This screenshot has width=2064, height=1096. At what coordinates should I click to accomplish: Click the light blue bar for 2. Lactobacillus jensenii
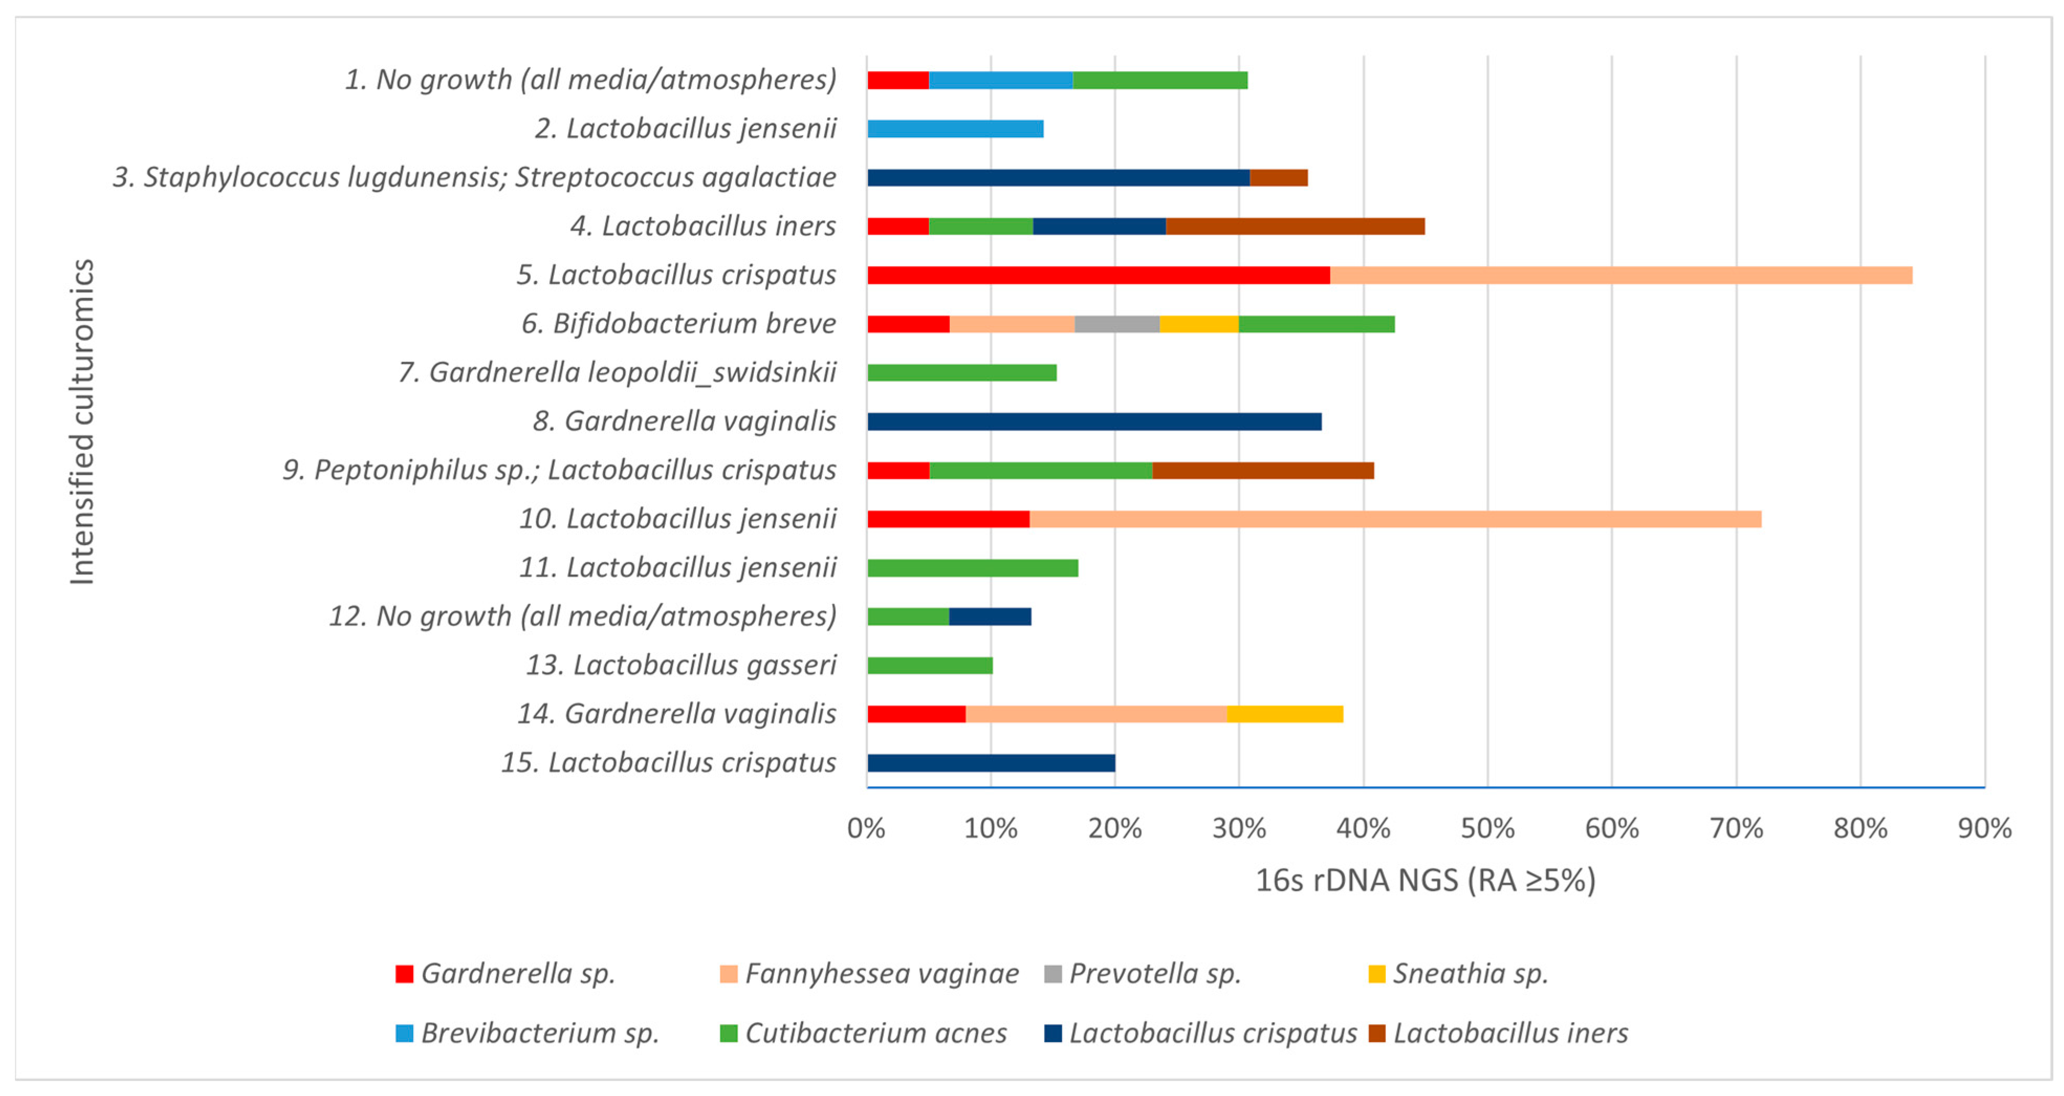tap(955, 128)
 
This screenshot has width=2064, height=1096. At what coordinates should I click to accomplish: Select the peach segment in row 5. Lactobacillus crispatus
tap(1620, 275)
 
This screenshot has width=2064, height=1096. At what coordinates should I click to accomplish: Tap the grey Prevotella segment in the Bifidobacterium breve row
tap(1116, 324)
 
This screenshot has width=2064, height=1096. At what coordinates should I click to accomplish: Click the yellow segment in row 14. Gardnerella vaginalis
tap(1284, 713)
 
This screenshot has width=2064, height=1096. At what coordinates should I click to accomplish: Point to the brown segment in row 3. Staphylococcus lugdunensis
tap(1278, 177)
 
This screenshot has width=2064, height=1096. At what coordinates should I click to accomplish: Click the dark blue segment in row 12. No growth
tap(990, 616)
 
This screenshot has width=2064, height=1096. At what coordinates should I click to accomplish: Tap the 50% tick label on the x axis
tap(1487, 828)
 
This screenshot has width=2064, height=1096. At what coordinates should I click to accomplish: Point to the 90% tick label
tap(1984, 828)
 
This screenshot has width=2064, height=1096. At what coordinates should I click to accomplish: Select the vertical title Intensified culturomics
tap(82, 422)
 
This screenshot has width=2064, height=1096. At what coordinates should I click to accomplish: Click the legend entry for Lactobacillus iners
tap(1510, 1033)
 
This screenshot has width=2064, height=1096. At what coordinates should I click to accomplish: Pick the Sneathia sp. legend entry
tap(1469, 973)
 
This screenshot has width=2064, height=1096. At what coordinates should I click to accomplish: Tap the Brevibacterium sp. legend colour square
tap(404, 1033)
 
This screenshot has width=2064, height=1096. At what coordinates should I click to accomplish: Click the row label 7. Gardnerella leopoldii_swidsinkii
tap(617, 372)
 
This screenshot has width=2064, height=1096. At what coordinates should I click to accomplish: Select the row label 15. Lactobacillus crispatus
tap(668, 763)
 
